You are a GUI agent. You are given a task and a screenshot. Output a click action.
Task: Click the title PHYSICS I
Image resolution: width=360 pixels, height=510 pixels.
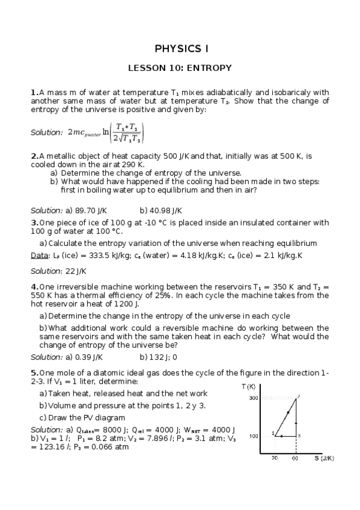point(180,48)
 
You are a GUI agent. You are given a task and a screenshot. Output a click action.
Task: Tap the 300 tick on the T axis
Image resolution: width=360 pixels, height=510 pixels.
point(253,398)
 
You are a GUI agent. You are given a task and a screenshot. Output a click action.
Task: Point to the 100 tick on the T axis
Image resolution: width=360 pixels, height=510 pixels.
point(253,435)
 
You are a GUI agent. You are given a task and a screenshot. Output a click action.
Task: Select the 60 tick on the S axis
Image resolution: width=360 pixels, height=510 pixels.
point(295,458)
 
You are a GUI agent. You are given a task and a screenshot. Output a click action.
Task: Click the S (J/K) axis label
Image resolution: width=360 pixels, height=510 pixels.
point(323,458)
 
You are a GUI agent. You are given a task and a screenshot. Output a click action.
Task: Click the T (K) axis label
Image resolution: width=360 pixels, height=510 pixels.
point(248,386)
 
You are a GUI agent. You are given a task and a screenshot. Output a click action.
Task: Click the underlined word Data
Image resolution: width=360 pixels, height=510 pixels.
point(39,256)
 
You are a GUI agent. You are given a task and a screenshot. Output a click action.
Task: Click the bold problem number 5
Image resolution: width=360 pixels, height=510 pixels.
point(34,372)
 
